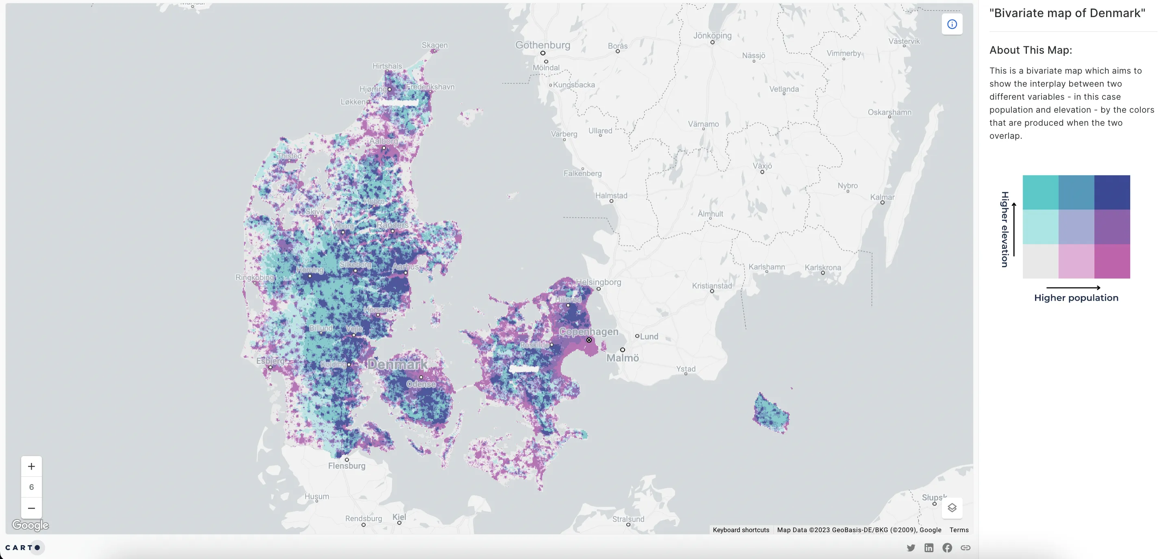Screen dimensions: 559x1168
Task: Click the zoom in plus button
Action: tap(31, 466)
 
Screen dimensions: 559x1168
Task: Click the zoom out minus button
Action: tap(31, 508)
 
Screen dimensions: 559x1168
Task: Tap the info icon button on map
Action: tap(952, 24)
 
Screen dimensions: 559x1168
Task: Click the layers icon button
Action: tap(952, 508)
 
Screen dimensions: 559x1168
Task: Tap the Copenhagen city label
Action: tap(588, 332)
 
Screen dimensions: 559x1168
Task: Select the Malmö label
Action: tap(623, 358)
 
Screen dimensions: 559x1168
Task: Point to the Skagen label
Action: tap(434, 45)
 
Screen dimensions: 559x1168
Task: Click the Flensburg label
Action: tap(346, 465)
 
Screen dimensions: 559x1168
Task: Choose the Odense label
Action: tap(421, 384)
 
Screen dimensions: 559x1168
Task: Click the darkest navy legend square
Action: tap(1112, 192)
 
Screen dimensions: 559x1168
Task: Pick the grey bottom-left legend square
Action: tap(1040, 261)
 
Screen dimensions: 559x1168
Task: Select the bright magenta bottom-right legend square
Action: tap(1112, 261)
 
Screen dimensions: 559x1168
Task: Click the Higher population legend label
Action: tap(1076, 298)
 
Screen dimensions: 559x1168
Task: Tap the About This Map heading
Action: tap(1030, 50)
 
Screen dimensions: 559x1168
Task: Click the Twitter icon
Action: tap(911, 548)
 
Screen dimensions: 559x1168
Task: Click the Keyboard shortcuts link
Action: tap(741, 530)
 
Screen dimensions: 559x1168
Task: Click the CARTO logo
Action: tap(23, 548)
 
